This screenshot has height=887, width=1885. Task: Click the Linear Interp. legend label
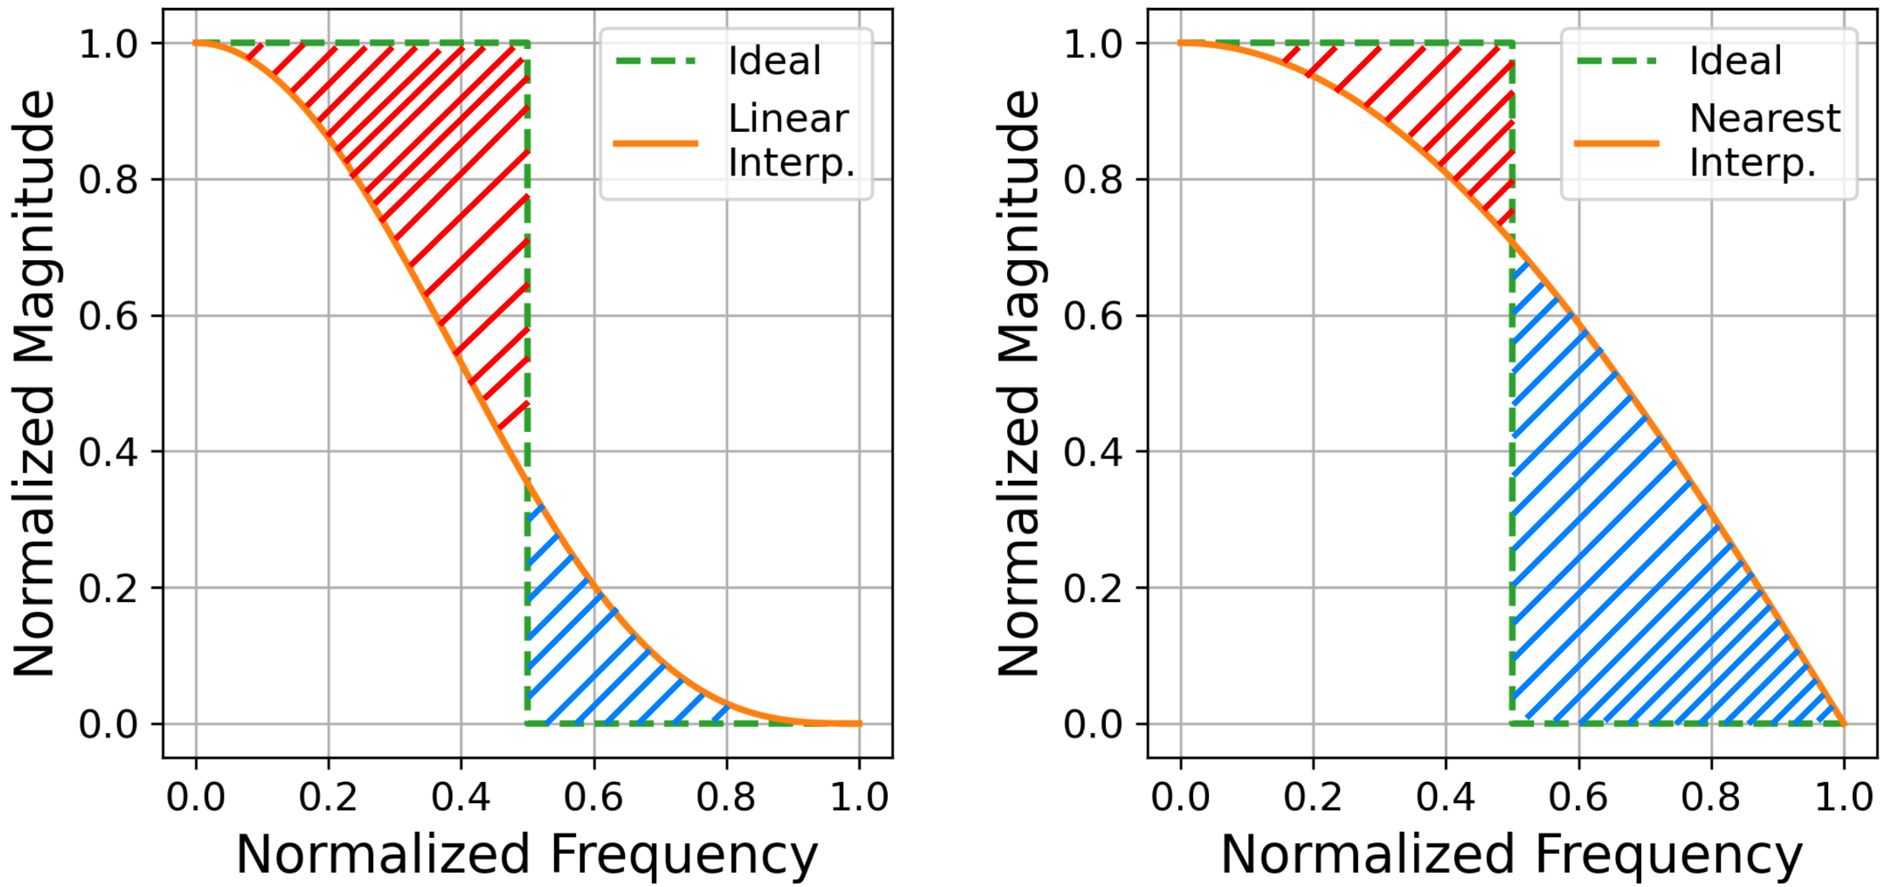click(791, 141)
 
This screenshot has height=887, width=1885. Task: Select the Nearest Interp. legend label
click(1765, 141)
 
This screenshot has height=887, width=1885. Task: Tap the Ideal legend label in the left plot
click(775, 61)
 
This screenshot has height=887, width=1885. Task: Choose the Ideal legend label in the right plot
click(1735, 61)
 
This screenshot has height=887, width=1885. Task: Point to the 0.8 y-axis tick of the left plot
click(108, 180)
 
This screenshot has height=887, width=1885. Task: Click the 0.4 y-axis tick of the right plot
click(1093, 452)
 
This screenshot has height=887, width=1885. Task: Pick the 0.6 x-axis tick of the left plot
click(593, 796)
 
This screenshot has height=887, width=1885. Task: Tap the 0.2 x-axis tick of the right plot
click(1312, 796)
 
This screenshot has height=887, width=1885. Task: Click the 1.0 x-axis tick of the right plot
click(1844, 796)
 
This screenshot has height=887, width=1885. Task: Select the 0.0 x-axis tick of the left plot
click(195, 796)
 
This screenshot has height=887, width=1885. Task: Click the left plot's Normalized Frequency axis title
click(526, 855)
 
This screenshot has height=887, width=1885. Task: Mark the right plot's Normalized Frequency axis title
click(1511, 855)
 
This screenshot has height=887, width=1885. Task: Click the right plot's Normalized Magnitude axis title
click(1019, 383)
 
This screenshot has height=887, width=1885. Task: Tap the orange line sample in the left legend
click(656, 142)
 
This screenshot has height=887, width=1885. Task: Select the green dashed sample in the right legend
click(1616, 61)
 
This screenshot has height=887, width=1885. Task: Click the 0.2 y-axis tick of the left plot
click(108, 589)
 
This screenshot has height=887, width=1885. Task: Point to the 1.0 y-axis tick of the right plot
click(1093, 44)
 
